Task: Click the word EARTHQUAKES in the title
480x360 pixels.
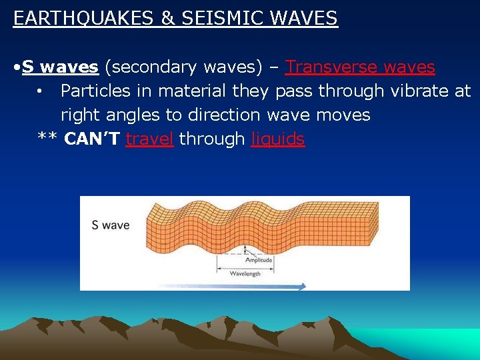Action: coord(84,18)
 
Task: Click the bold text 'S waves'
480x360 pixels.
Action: coord(60,67)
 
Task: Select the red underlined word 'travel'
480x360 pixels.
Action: coord(149,139)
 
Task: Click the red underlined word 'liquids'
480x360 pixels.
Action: coord(277,139)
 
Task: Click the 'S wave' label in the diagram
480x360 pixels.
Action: coord(111,225)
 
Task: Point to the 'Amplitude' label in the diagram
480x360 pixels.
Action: coord(259,260)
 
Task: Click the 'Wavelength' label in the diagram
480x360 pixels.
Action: coord(245,274)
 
